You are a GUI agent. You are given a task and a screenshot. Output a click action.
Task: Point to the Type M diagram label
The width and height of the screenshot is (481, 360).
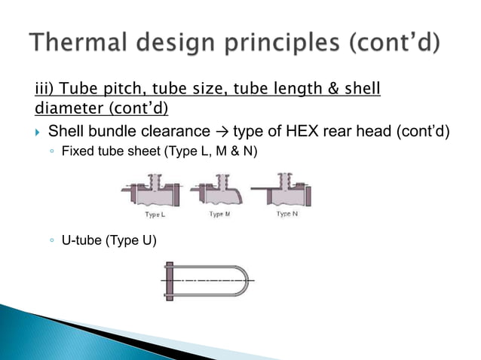click(x=217, y=215)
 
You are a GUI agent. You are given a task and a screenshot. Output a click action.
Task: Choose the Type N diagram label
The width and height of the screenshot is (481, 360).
click(x=287, y=215)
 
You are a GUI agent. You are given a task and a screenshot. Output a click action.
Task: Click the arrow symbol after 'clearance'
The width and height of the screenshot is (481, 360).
click(x=222, y=133)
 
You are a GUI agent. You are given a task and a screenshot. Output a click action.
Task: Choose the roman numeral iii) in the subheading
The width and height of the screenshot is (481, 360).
click(x=47, y=91)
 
